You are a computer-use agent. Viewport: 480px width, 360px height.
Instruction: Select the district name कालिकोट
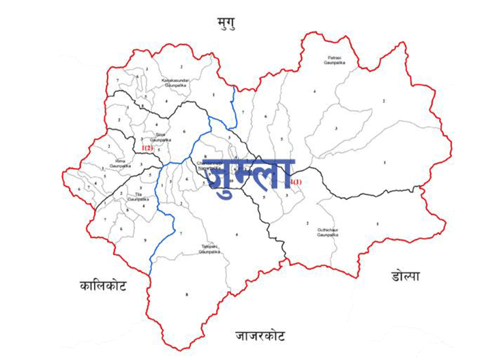coord(103,286)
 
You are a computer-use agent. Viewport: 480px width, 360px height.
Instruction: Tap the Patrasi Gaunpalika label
coord(332,59)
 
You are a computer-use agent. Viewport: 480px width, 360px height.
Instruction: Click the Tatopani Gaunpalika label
coord(210,250)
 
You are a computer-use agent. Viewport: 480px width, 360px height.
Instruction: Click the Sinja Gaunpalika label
coord(160,137)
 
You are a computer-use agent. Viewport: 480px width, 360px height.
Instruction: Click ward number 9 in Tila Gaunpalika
coord(145,241)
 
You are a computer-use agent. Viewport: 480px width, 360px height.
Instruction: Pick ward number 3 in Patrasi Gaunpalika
coord(336,128)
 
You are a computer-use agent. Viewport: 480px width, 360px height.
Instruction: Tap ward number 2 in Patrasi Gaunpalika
coord(384,101)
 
